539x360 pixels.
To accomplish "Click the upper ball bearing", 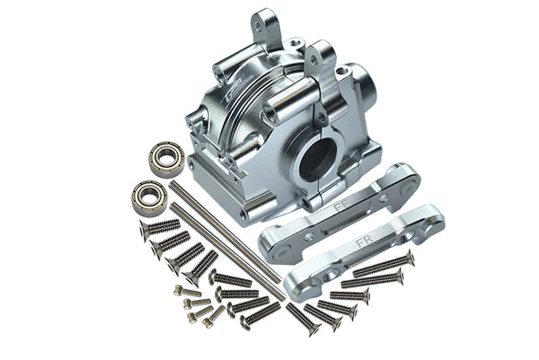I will (166, 159).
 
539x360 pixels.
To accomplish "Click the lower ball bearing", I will (149, 198).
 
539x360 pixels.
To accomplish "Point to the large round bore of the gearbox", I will (317, 159).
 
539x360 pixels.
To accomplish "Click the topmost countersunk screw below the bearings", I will (159, 228).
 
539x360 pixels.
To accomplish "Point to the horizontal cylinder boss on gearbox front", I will (286, 107).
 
